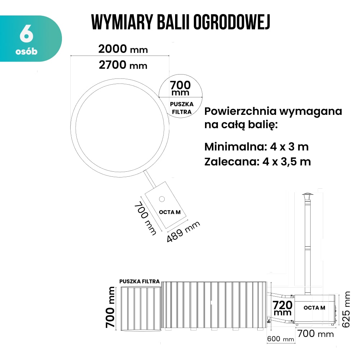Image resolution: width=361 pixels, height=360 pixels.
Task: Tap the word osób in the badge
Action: pos(26,51)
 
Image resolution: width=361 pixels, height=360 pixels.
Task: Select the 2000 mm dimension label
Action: pos(123,49)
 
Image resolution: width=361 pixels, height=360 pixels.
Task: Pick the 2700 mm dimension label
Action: pos(123,65)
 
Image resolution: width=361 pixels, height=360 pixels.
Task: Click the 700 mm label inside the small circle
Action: pos(180,87)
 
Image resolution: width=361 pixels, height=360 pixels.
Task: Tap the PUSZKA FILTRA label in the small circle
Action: pos(182,108)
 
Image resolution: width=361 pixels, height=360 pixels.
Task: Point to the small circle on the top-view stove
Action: pos(162,199)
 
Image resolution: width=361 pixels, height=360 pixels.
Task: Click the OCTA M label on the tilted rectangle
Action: pos(170,212)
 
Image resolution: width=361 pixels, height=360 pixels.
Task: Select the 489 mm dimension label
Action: pos(183,232)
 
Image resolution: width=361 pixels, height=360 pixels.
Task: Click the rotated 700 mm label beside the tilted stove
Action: pos(145,218)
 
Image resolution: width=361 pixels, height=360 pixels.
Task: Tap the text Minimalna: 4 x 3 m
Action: pos(257,147)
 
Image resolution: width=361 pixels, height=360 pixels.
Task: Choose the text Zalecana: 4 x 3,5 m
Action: pos(258,162)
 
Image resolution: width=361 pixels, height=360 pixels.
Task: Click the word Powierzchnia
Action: pos(240,111)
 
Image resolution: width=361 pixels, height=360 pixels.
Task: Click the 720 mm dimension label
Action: pos(282,308)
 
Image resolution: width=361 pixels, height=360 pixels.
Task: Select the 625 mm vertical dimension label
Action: pos(346,309)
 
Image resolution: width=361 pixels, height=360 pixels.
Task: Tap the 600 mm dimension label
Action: pos(281,339)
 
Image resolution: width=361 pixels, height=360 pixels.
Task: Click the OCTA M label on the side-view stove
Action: pos(314,308)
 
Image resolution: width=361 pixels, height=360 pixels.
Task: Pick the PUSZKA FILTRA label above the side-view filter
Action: pos(139,281)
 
